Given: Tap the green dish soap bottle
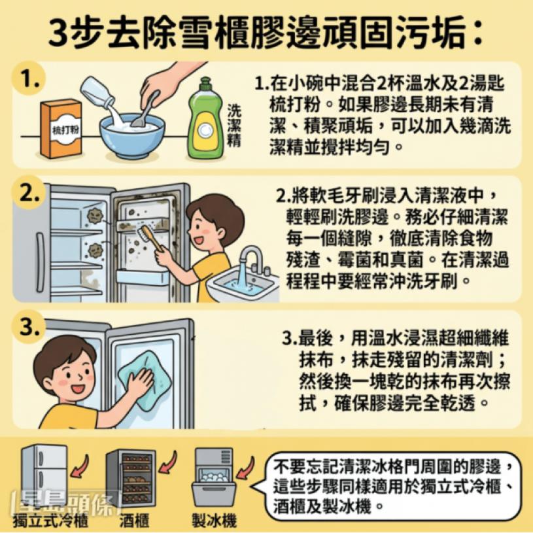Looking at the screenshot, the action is click(x=205, y=120).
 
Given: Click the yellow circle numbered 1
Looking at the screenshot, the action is click(x=29, y=79).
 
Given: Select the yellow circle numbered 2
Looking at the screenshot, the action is click(x=29, y=193).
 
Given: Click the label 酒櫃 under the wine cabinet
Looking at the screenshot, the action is click(x=134, y=521).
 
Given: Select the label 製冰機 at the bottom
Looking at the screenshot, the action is click(x=214, y=521).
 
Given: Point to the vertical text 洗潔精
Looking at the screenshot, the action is click(x=234, y=126).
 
